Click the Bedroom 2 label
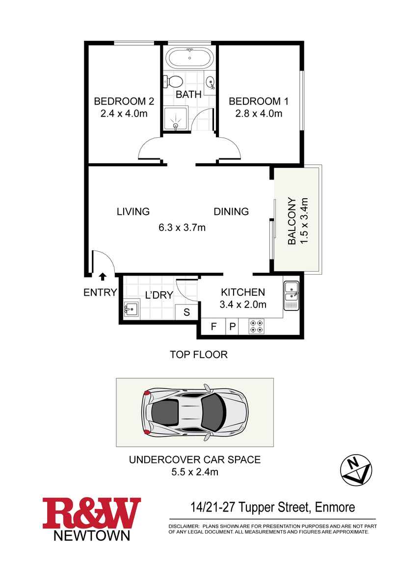(x=124, y=102)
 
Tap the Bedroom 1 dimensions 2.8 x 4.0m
(x=259, y=114)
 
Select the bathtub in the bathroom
(x=189, y=57)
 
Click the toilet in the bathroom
(x=173, y=81)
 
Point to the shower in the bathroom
(x=176, y=118)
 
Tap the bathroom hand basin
(x=210, y=82)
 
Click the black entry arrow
(x=103, y=276)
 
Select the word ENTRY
(x=101, y=292)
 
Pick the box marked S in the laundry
(x=186, y=311)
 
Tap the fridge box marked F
(x=213, y=327)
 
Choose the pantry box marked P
(x=233, y=327)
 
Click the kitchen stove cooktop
(x=257, y=326)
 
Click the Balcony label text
(x=292, y=221)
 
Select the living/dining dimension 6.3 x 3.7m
(x=182, y=228)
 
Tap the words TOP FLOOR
(x=199, y=355)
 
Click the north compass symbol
(x=356, y=469)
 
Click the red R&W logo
(x=92, y=513)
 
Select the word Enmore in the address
(x=335, y=507)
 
